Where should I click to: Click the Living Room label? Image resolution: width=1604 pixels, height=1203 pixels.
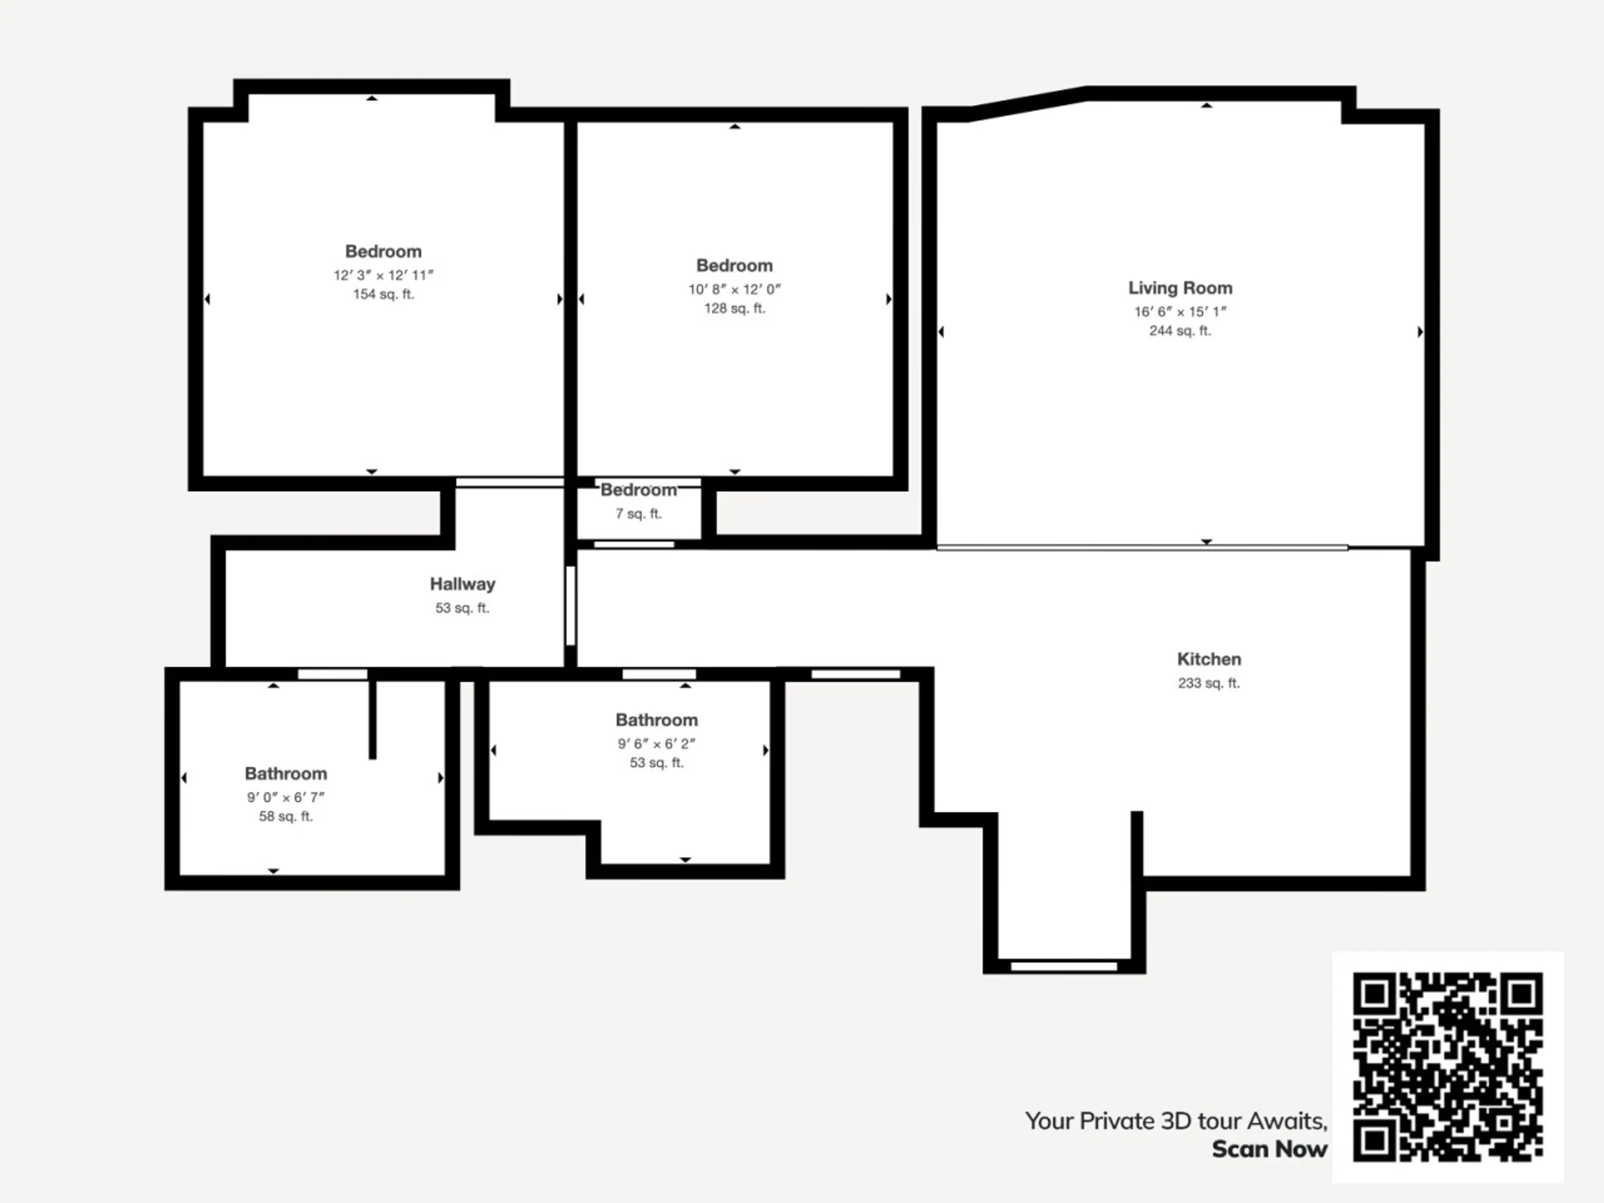(x=1180, y=288)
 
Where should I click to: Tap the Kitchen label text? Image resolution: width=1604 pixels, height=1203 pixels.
(x=1209, y=659)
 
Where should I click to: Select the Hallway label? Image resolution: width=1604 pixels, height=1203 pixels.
(x=462, y=584)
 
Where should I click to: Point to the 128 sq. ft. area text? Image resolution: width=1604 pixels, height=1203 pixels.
(x=735, y=308)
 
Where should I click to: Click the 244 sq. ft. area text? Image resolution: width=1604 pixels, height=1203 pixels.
(x=1180, y=331)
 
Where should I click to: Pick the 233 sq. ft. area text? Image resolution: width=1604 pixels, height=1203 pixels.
(x=1209, y=683)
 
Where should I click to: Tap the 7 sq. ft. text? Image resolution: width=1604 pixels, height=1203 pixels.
(x=639, y=513)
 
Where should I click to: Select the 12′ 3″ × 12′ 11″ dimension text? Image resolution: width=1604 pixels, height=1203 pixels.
(x=383, y=275)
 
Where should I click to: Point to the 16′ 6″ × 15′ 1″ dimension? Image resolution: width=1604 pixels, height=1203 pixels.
(x=1180, y=312)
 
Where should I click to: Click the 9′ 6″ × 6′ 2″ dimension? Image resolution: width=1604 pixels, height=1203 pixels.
(x=656, y=743)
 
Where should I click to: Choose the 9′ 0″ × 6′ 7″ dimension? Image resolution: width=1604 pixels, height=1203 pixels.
(x=286, y=797)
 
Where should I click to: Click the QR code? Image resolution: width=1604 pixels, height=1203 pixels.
(x=1447, y=1067)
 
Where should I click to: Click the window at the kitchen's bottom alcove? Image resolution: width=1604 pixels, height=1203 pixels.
(x=1064, y=966)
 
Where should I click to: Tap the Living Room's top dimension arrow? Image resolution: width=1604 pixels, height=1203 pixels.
(x=1207, y=105)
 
